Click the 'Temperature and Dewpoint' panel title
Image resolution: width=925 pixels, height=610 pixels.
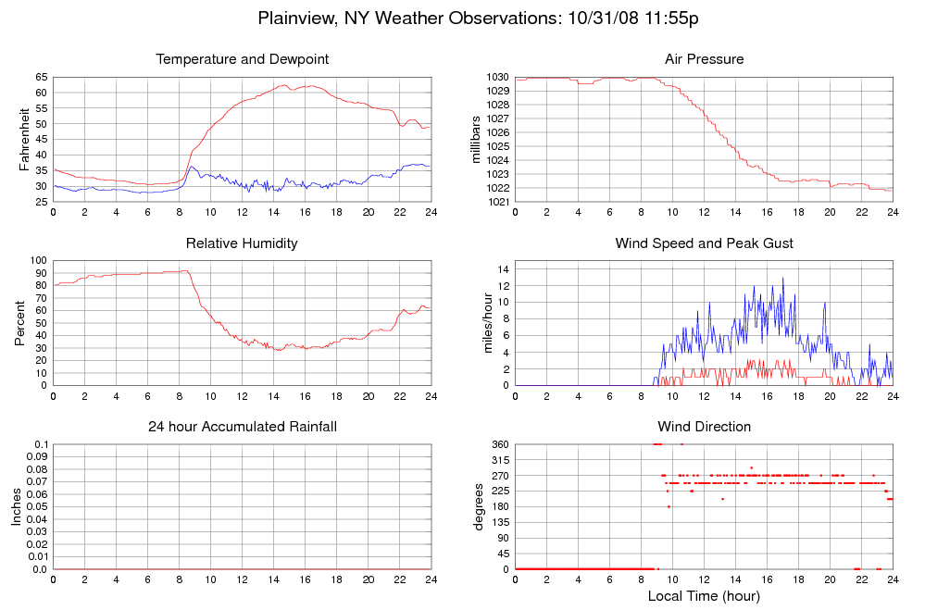pos(243,59)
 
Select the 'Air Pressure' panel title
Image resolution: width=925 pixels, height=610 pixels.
pos(704,59)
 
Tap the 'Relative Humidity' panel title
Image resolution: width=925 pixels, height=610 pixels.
pos(242,243)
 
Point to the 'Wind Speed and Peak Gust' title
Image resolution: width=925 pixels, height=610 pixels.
pos(704,243)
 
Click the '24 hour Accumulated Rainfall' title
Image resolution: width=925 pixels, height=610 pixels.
pos(243,427)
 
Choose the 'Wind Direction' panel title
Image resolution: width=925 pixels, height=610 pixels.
pos(704,427)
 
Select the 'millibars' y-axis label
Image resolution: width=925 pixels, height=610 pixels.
pos(477,140)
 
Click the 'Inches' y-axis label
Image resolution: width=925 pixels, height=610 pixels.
pos(17,506)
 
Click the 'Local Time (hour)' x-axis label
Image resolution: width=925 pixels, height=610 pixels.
pos(704,596)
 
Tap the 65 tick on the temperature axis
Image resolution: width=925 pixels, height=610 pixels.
pos(41,77)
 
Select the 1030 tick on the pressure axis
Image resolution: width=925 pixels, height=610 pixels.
pos(497,77)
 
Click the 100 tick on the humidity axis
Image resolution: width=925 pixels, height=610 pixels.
pos(38,260)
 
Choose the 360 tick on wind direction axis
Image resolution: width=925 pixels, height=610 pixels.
pos(499,444)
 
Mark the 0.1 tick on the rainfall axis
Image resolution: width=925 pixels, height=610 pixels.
pos(41,444)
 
